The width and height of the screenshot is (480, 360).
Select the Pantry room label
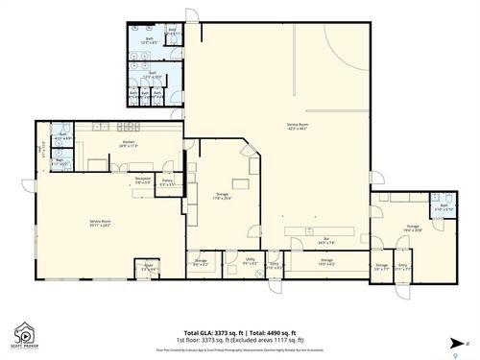(166, 181)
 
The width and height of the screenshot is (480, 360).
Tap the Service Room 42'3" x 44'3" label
(297, 128)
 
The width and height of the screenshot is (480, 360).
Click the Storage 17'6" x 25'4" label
(222, 196)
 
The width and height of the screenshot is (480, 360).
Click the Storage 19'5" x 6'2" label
(326, 261)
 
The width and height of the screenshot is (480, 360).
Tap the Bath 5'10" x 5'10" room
(443, 209)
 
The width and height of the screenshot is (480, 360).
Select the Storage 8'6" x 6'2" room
(201, 261)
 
